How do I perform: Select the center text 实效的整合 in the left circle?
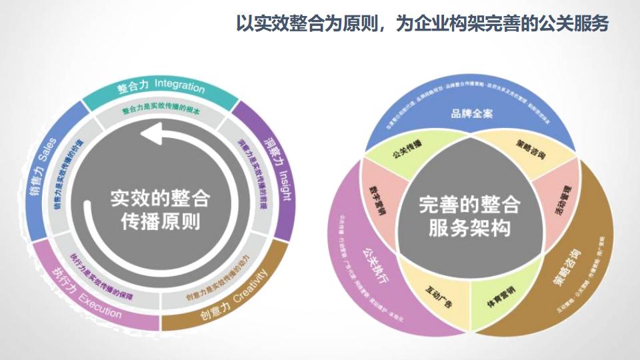pos(160,198)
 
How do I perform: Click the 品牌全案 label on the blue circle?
pos(471,113)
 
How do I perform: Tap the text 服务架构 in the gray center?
pos(469,227)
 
